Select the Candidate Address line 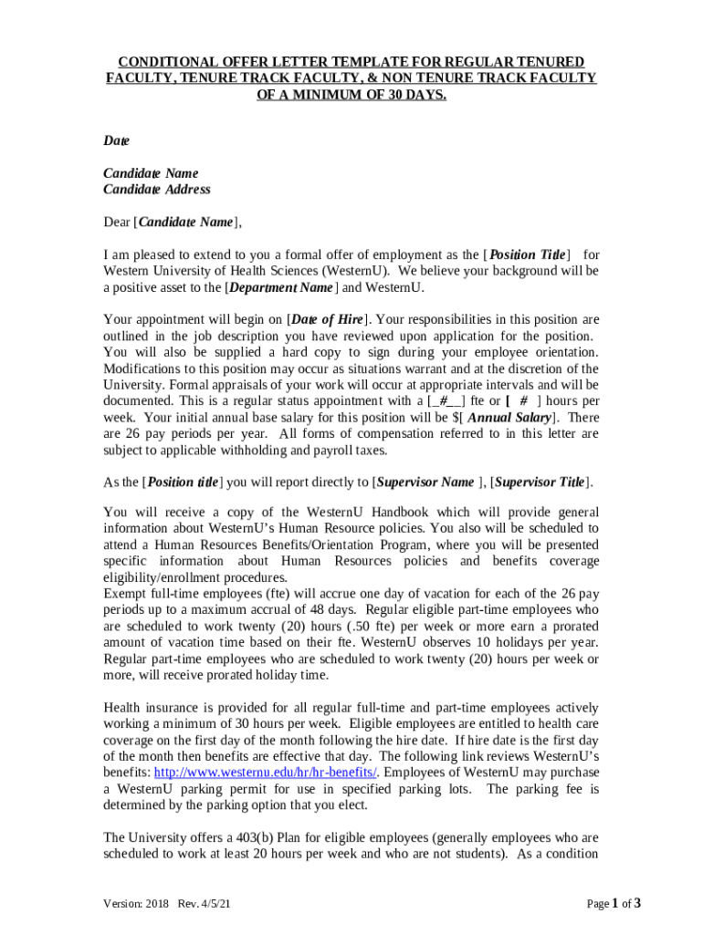pyautogui.click(x=156, y=190)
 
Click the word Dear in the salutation pyautogui.click(x=117, y=222)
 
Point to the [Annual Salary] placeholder pyautogui.click(x=508, y=417)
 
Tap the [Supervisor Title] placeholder pyautogui.click(x=540, y=482)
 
